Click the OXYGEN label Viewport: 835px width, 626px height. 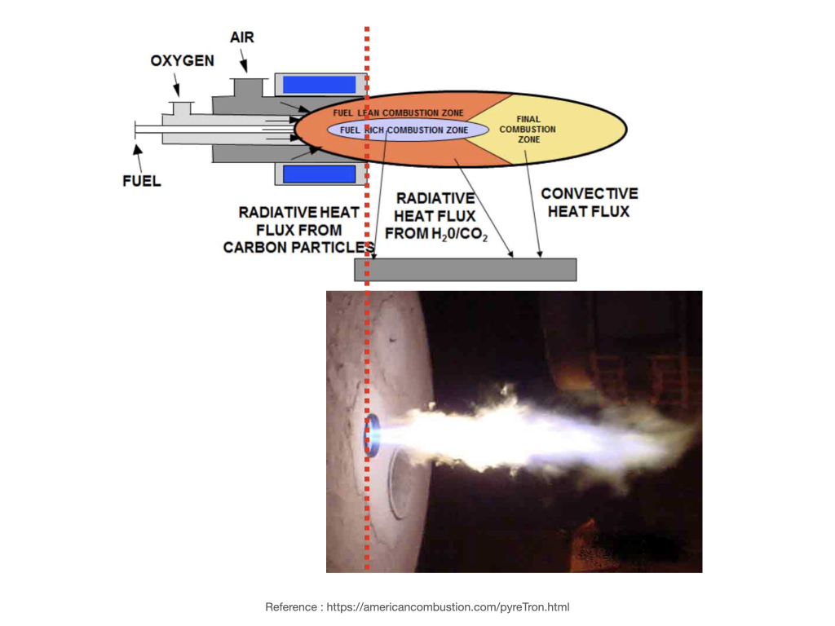click(182, 61)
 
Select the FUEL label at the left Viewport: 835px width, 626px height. click(142, 181)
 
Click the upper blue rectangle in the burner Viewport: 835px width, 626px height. click(320, 85)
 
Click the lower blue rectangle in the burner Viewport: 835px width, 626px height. click(320, 174)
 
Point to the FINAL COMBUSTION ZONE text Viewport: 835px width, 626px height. click(528, 129)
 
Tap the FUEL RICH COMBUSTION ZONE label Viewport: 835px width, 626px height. click(404, 130)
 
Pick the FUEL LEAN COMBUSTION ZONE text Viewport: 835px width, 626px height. click(399, 112)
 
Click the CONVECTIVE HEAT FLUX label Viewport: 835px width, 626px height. click(589, 202)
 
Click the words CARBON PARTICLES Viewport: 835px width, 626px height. click(298, 247)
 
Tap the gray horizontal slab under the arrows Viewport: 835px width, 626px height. click(465, 269)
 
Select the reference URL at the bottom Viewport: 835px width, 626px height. click(448, 607)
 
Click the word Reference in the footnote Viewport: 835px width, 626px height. click(290, 607)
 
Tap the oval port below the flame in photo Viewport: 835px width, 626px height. click(399, 484)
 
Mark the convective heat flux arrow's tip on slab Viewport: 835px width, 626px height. click(540, 257)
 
